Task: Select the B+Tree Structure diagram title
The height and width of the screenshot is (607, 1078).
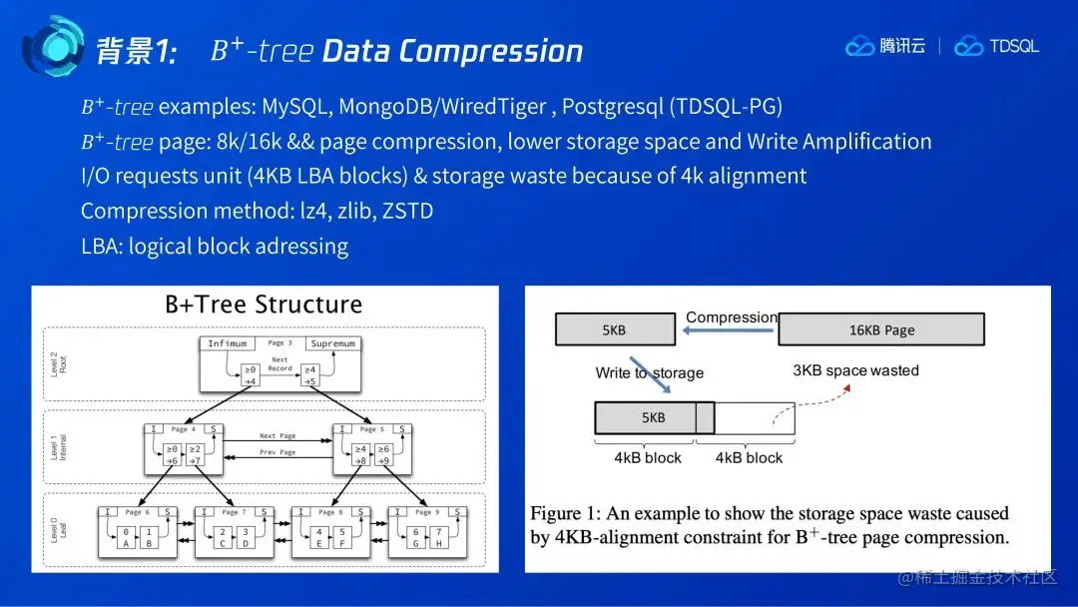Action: click(x=264, y=304)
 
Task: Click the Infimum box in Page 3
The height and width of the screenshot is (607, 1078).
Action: click(x=227, y=343)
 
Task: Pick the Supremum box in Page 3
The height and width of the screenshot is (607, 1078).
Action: click(x=332, y=343)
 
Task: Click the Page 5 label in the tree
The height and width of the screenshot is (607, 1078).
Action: click(x=368, y=429)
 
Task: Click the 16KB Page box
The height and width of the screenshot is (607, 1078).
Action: click(x=880, y=329)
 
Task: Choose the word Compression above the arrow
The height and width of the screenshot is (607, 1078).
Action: click(x=731, y=317)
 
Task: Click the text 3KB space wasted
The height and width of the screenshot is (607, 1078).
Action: click(x=855, y=370)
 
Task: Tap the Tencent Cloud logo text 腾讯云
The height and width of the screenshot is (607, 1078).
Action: click(x=902, y=46)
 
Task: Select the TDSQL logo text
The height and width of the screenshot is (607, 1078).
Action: click(x=1014, y=46)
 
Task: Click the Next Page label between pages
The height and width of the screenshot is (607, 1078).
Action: click(x=278, y=436)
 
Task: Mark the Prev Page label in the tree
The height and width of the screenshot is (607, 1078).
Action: click(x=278, y=452)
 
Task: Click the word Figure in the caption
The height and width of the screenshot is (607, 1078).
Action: click(x=555, y=514)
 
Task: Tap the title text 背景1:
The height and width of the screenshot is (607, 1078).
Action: click(x=136, y=51)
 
